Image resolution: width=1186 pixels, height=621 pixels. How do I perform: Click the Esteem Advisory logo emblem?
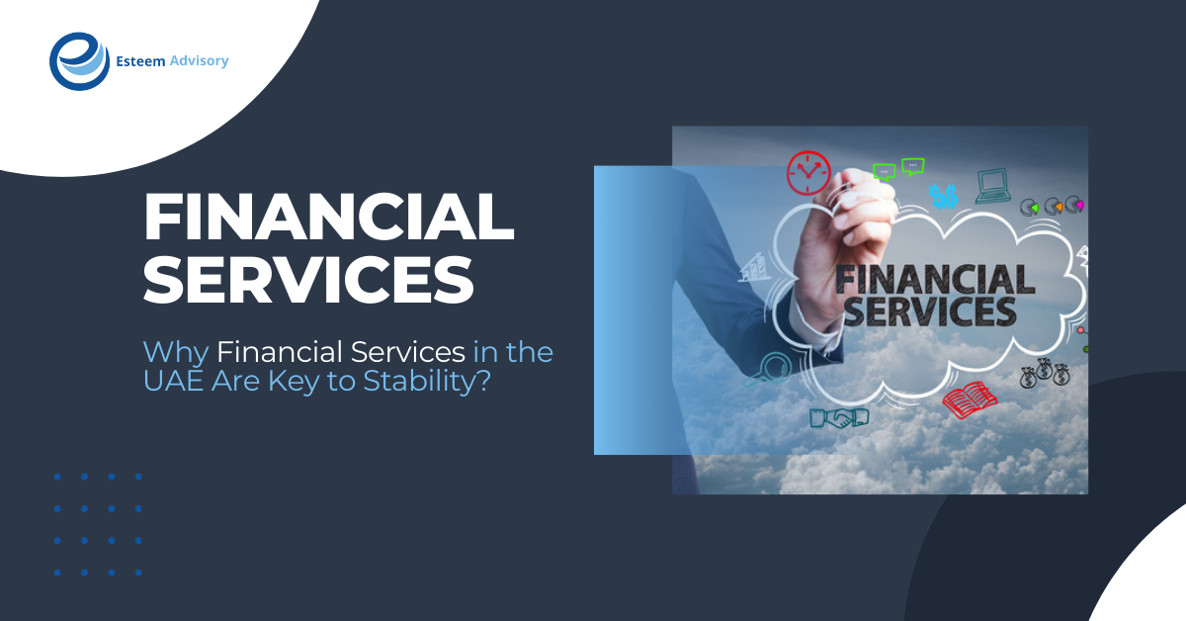[80, 61]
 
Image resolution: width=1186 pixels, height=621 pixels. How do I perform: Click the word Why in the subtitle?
[176, 351]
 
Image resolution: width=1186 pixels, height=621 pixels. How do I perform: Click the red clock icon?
[809, 173]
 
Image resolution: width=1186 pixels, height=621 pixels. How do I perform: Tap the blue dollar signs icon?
[944, 196]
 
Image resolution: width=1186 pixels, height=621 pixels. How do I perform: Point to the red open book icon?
[970, 400]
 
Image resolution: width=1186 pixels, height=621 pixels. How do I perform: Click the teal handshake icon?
[838, 417]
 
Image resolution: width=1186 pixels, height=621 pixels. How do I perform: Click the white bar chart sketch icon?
[755, 265]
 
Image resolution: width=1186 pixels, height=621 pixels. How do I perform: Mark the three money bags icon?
[1046, 374]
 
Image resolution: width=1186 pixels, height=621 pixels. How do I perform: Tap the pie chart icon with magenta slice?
[1074, 205]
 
